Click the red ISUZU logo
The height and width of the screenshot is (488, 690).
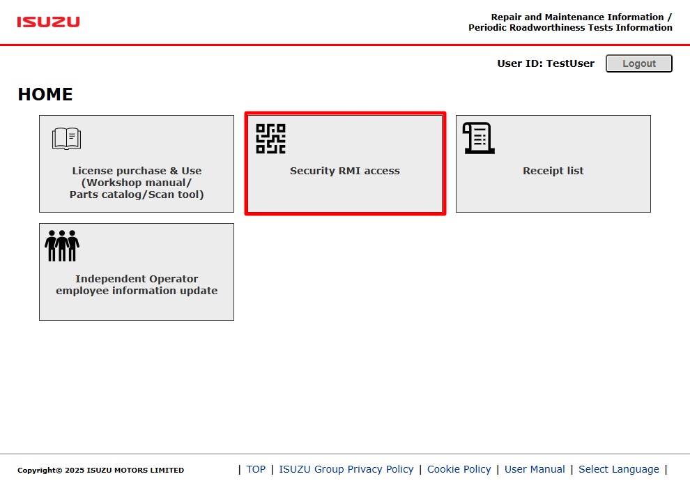tap(48, 22)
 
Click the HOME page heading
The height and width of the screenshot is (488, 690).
tap(45, 95)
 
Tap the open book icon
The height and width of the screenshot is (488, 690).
tap(66, 139)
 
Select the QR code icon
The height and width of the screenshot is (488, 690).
tap(270, 139)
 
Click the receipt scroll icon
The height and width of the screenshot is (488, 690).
tap(479, 138)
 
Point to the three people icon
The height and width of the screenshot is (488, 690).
tap(62, 245)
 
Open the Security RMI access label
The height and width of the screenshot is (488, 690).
tap(345, 171)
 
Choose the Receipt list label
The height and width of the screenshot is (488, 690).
tap(553, 171)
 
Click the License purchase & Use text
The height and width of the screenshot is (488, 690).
tap(137, 171)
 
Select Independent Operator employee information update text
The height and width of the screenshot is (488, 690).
tap(137, 284)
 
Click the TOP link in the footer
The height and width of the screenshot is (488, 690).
tap(256, 469)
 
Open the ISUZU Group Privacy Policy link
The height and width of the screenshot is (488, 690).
tap(346, 469)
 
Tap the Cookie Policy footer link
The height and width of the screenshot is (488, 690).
tap(459, 469)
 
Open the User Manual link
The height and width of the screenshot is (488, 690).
tap(535, 469)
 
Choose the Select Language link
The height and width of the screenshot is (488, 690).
tap(619, 469)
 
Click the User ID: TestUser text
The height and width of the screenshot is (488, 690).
tap(546, 64)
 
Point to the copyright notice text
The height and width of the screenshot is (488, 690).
tap(101, 470)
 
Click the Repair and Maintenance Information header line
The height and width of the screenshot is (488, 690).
tap(581, 17)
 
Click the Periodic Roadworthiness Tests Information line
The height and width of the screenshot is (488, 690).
tap(570, 28)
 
